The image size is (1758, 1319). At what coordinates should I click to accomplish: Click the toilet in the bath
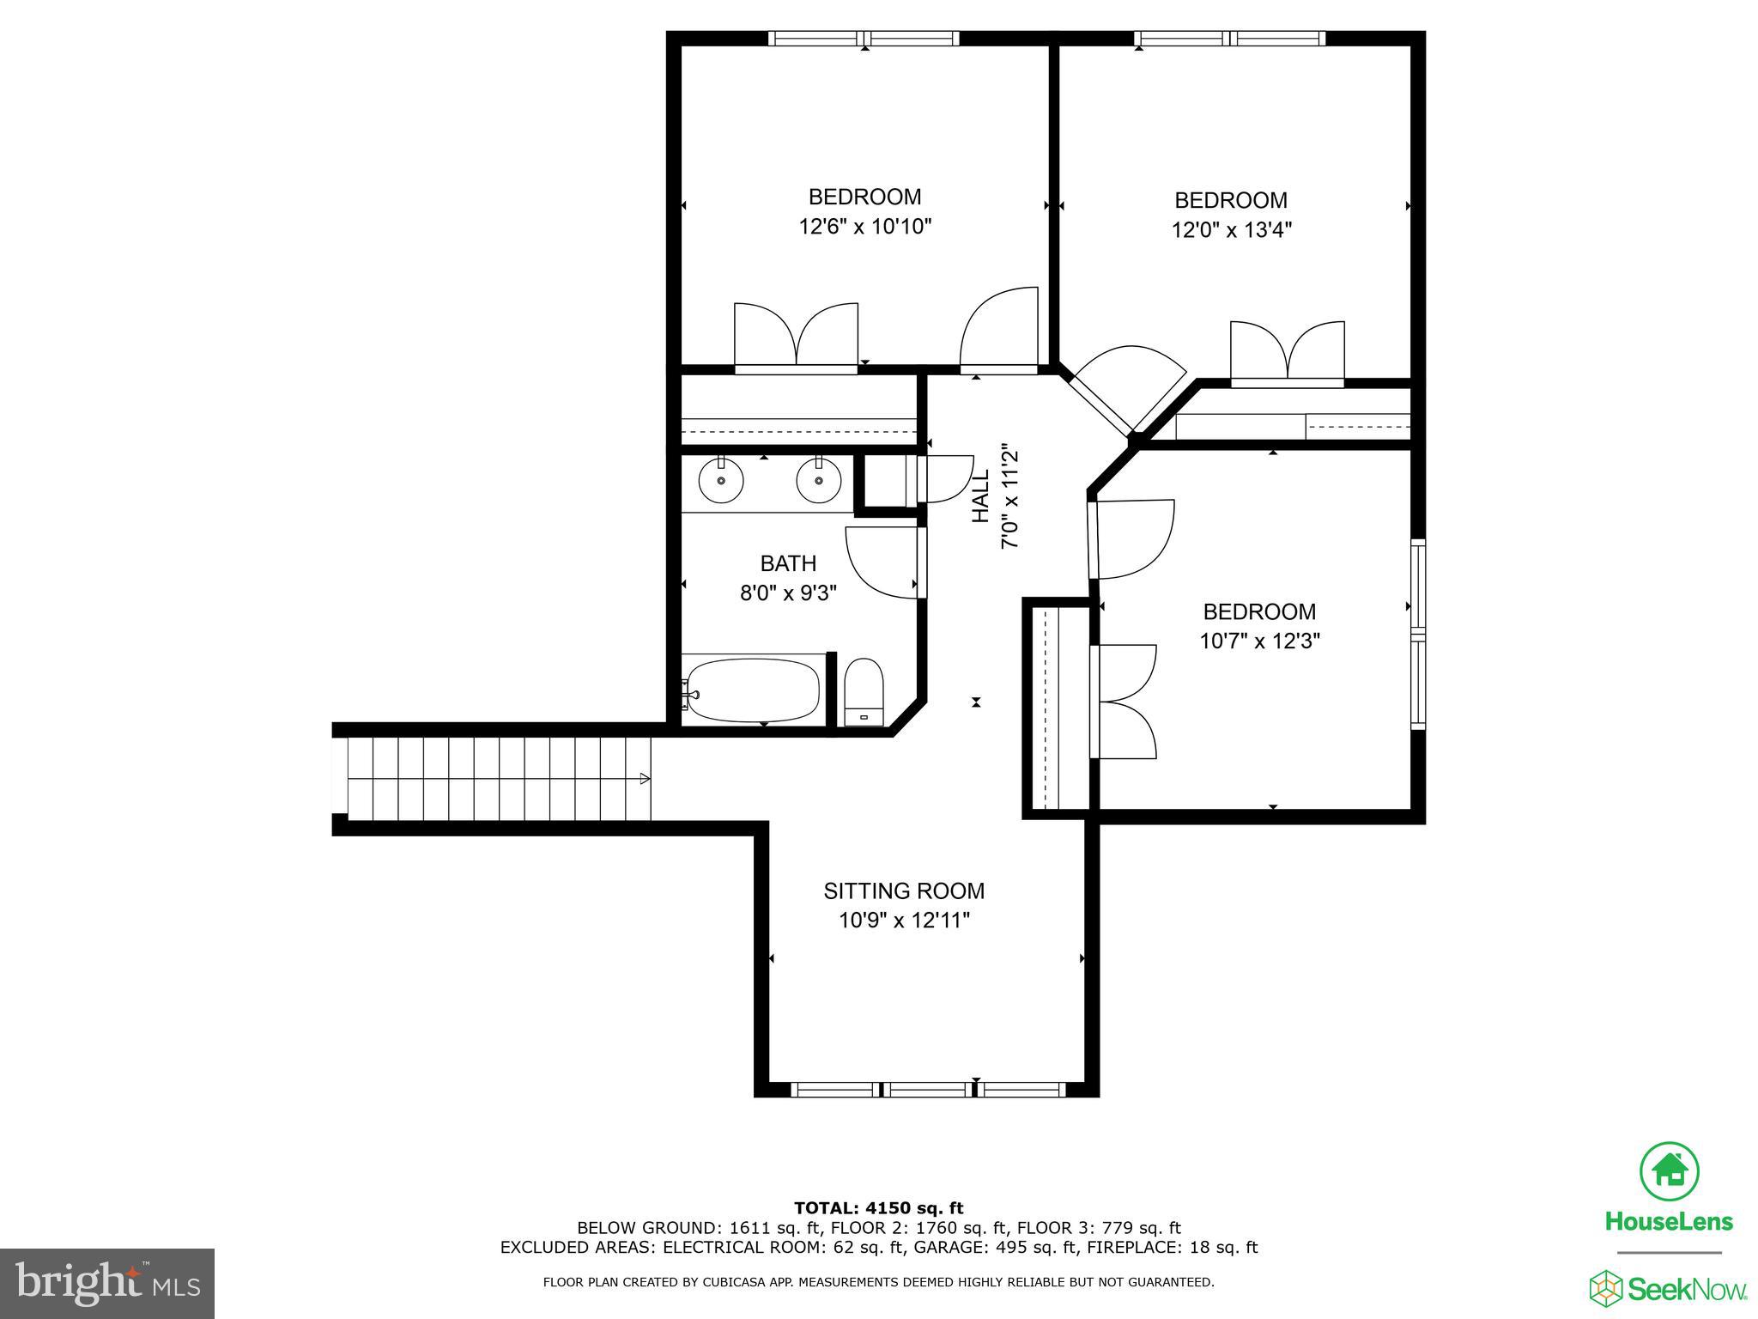tap(864, 693)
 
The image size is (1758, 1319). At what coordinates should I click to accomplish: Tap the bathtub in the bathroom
tap(753, 690)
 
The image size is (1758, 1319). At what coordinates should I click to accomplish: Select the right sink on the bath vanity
tap(818, 481)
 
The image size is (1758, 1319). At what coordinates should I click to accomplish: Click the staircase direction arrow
tap(645, 779)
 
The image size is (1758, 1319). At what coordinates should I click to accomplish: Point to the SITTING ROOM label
tap(904, 890)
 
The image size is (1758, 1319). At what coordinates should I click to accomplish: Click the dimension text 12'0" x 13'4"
tap(1231, 230)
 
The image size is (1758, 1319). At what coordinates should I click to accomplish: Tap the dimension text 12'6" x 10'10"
tap(864, 227)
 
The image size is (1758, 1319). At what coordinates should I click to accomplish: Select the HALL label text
tap(980, 496)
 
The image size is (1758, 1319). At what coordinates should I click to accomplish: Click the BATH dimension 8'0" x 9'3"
tap(788, 593)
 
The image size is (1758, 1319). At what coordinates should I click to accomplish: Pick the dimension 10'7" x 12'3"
tap(1259, 641)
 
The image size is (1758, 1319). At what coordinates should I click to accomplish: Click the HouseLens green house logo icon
tap(1670, 1170)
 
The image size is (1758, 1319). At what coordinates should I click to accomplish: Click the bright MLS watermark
tap(107, 1284)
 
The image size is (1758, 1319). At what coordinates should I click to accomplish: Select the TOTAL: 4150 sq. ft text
tap(878, 1209)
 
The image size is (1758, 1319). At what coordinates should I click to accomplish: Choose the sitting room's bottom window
tap(927, 1090)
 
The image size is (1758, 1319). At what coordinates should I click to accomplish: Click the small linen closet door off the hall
tap(944, 479)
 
